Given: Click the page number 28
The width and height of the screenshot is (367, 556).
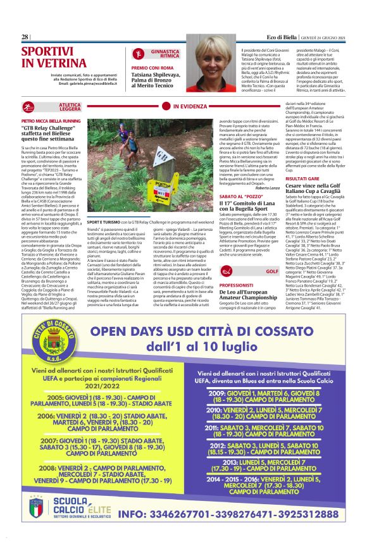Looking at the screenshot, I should [25, 37].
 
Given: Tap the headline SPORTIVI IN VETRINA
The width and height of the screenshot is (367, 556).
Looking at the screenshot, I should [49, 56].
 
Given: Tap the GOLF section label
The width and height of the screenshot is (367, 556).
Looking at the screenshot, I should [272, 271].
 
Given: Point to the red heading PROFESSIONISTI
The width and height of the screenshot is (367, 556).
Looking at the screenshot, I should [237, 286].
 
